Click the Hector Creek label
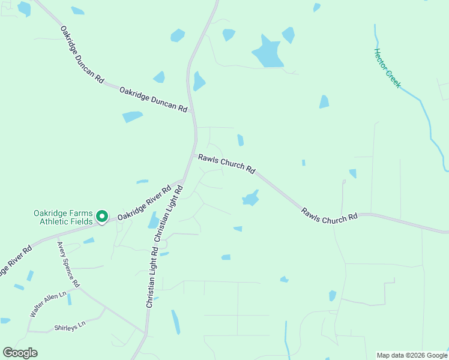coord(387,68)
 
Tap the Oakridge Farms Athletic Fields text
coord(63,217)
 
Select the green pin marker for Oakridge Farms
coord(102,216)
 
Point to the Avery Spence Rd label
coord(68,265)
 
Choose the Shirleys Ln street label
coord(70,326)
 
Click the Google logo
coord(20,353)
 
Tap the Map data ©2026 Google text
coord(412,355)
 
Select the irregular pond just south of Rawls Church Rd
coord(250,198)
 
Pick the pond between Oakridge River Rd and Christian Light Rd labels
coord(154,220)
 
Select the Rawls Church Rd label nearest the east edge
coord(330,216)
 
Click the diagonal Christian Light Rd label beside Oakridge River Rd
coord(169,213)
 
